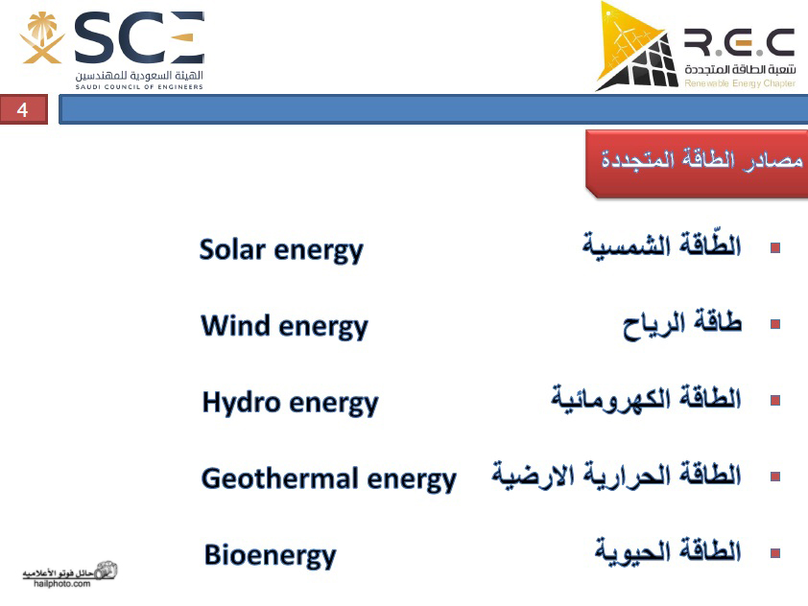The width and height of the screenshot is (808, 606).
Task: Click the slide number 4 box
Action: tap(24, 109)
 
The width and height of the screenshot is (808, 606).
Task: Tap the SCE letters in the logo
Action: tap(139, 37)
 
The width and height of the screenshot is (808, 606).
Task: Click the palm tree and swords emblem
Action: tap(41, 37)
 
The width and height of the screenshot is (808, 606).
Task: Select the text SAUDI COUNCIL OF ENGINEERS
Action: tap(139, 87)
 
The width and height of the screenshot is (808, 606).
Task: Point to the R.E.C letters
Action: tap(740, 43)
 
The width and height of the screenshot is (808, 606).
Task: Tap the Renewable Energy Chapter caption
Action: tap(740, 82)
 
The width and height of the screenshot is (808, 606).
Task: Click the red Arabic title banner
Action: tap(697, 164)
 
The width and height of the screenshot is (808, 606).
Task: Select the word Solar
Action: tap(232, 248)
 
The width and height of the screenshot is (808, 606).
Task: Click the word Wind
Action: tap(235, 325)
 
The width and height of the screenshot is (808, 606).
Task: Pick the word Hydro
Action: tap(241, 402)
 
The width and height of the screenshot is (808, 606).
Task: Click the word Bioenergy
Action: tap(270, 556)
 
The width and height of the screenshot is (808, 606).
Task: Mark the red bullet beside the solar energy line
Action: tap(775, 248)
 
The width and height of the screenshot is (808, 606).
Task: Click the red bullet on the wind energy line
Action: tap(775, 324)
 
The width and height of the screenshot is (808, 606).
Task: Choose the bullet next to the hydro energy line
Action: tap(775, 400)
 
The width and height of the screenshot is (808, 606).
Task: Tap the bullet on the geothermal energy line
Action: tap(775, 477)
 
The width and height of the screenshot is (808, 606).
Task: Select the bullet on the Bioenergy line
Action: tap(775, 553)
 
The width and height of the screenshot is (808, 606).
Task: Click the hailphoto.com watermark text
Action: tap(61, 584)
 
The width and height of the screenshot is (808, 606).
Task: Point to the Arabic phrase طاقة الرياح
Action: tap(682, 324)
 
